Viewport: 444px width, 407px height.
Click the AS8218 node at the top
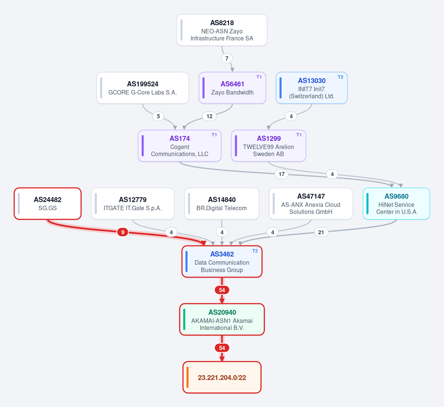(x=222, y=30)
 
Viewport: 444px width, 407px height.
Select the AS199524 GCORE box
(x=142, y=88)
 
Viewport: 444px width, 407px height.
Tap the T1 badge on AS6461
(x=259, y=77)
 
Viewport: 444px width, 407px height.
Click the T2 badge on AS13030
(x=340, y=77)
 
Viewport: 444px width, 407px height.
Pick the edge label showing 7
(x=227, y=59)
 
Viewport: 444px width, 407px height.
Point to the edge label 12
(x=209, y=116)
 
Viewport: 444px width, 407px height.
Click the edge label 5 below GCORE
(x=158, y=116)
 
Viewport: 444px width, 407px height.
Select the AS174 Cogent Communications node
(x=179, y=146)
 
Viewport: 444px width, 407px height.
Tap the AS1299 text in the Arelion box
(x=269, y=138)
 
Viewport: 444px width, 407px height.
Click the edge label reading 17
(x=282, y=174)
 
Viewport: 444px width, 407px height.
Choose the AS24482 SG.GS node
(x=48, y=203)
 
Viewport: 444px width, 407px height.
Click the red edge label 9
(x=122, y=232)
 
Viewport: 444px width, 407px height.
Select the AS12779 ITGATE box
(x=132, y=203)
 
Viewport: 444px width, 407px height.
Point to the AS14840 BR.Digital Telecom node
(x=222, y=203)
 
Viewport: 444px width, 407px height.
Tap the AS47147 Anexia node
(x=311, y=203)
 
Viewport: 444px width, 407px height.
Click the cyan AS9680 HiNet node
(x=396, y=203)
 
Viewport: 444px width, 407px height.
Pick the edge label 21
(x=321, y=232)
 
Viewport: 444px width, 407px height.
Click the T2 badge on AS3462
(x=255, y=251)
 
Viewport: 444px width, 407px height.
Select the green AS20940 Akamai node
(x=222, y=320)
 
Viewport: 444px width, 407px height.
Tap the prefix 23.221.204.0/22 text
(x=222, y=377)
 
